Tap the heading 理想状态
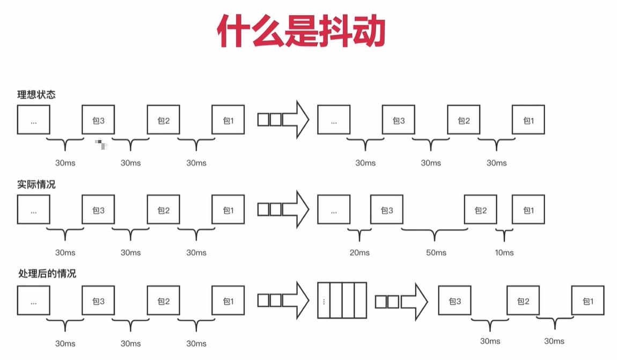pos(36,95)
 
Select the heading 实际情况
pos(36,185)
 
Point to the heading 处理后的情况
pos(47,274)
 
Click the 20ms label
pos(359,253)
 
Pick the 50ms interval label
pos(436,253)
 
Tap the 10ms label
pos(504,253)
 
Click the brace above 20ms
pos(359,234)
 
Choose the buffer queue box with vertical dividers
pos(342,301)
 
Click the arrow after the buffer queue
pos(401,301)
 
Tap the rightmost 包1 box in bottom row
pos(587,301)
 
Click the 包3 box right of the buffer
pos(454,301)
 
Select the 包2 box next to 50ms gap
pos(480,210)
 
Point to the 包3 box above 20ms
pos(387,210)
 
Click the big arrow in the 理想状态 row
pos(283,119)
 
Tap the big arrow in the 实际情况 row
pos(283,209)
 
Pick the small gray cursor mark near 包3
pos(101,143)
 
